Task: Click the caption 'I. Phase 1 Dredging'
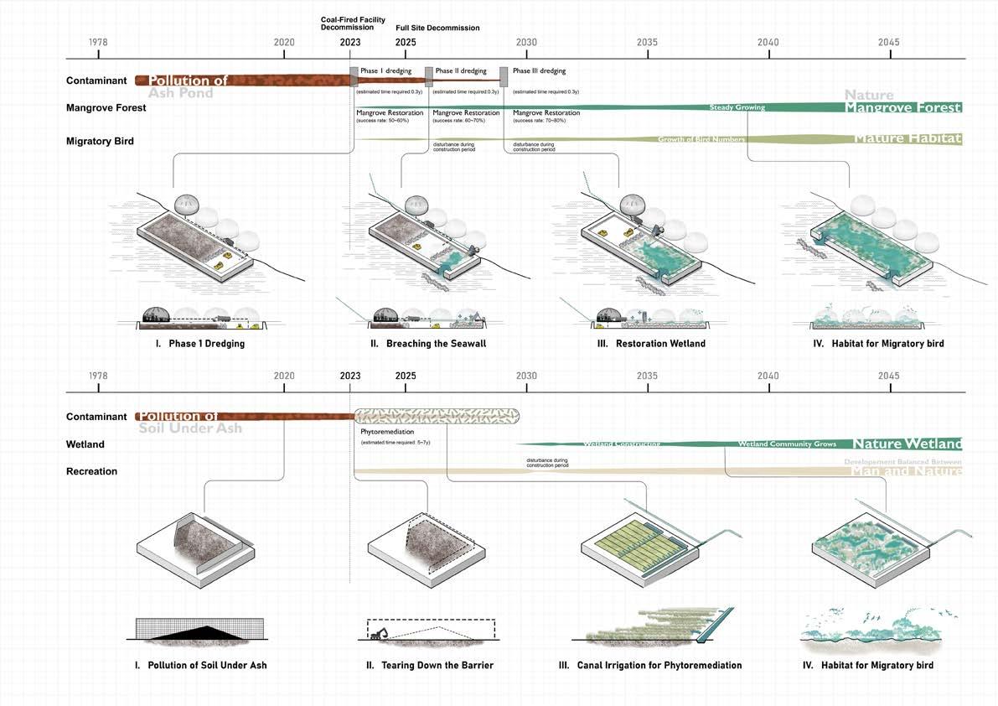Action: pos(200,344)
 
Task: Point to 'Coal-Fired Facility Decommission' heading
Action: pos(352,23)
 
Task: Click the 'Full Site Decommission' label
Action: pos(437,29)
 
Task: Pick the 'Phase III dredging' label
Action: pos(539,71)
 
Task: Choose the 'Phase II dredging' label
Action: pos(461,71)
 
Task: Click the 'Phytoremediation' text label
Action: pos(383,432)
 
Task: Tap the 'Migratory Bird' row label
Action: pos(100,141)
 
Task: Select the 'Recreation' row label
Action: pos(91,471)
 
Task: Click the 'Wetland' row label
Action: pos(85,444)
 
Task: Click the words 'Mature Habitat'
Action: pos(908,139)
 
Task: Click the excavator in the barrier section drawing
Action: pos(378,634)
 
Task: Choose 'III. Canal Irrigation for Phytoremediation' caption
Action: pos(649,666)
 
